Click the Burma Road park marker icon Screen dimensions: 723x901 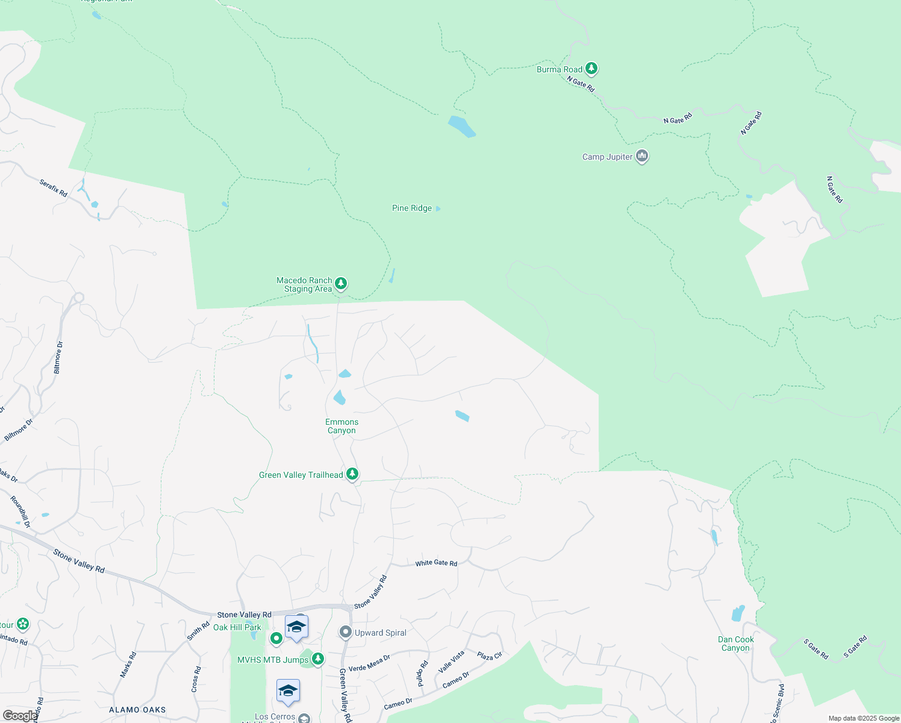pyautogui.click(x=591, y=69)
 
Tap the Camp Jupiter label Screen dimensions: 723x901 pyautogui.click(x=607, y=157)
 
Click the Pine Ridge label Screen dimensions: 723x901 pyautogui.click(x=412, y=208)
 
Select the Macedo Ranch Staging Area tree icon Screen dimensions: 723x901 pyautogui.click(x=341, y=283)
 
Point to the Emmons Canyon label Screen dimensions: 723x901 pyautogui.click(x=341, y=427)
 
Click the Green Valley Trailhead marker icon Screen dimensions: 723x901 pyautogui.click(x=352, y=474)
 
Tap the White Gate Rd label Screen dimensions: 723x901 pyautogui.click(x=436, y=563)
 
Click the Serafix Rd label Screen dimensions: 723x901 pyautogui.click(x=53, y=188)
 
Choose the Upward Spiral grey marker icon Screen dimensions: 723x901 pyautogui.click(x=345, y=632)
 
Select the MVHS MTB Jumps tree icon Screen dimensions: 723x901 pyautogui.click(x=318, y=659)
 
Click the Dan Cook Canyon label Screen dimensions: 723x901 pyautogui.click(x=735, y=644)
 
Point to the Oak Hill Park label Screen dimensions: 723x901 pyautogui.click(x=237, y=628)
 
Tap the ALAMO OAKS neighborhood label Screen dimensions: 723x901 pyautogui.click(x=137, y=710)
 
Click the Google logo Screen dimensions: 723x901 pyautogui.click(x=19, y=716)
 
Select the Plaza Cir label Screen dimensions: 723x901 pyautogui.click(x=489, y=656)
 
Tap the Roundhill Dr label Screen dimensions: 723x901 pyautogui.click(x=20, y=512)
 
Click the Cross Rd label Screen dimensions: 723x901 pyautogui.click(x=196, y=679)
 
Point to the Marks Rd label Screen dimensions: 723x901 pyautogui.click(x=128, y=665)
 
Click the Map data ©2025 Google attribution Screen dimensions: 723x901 pyautogui.click(x=864, y=718)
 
